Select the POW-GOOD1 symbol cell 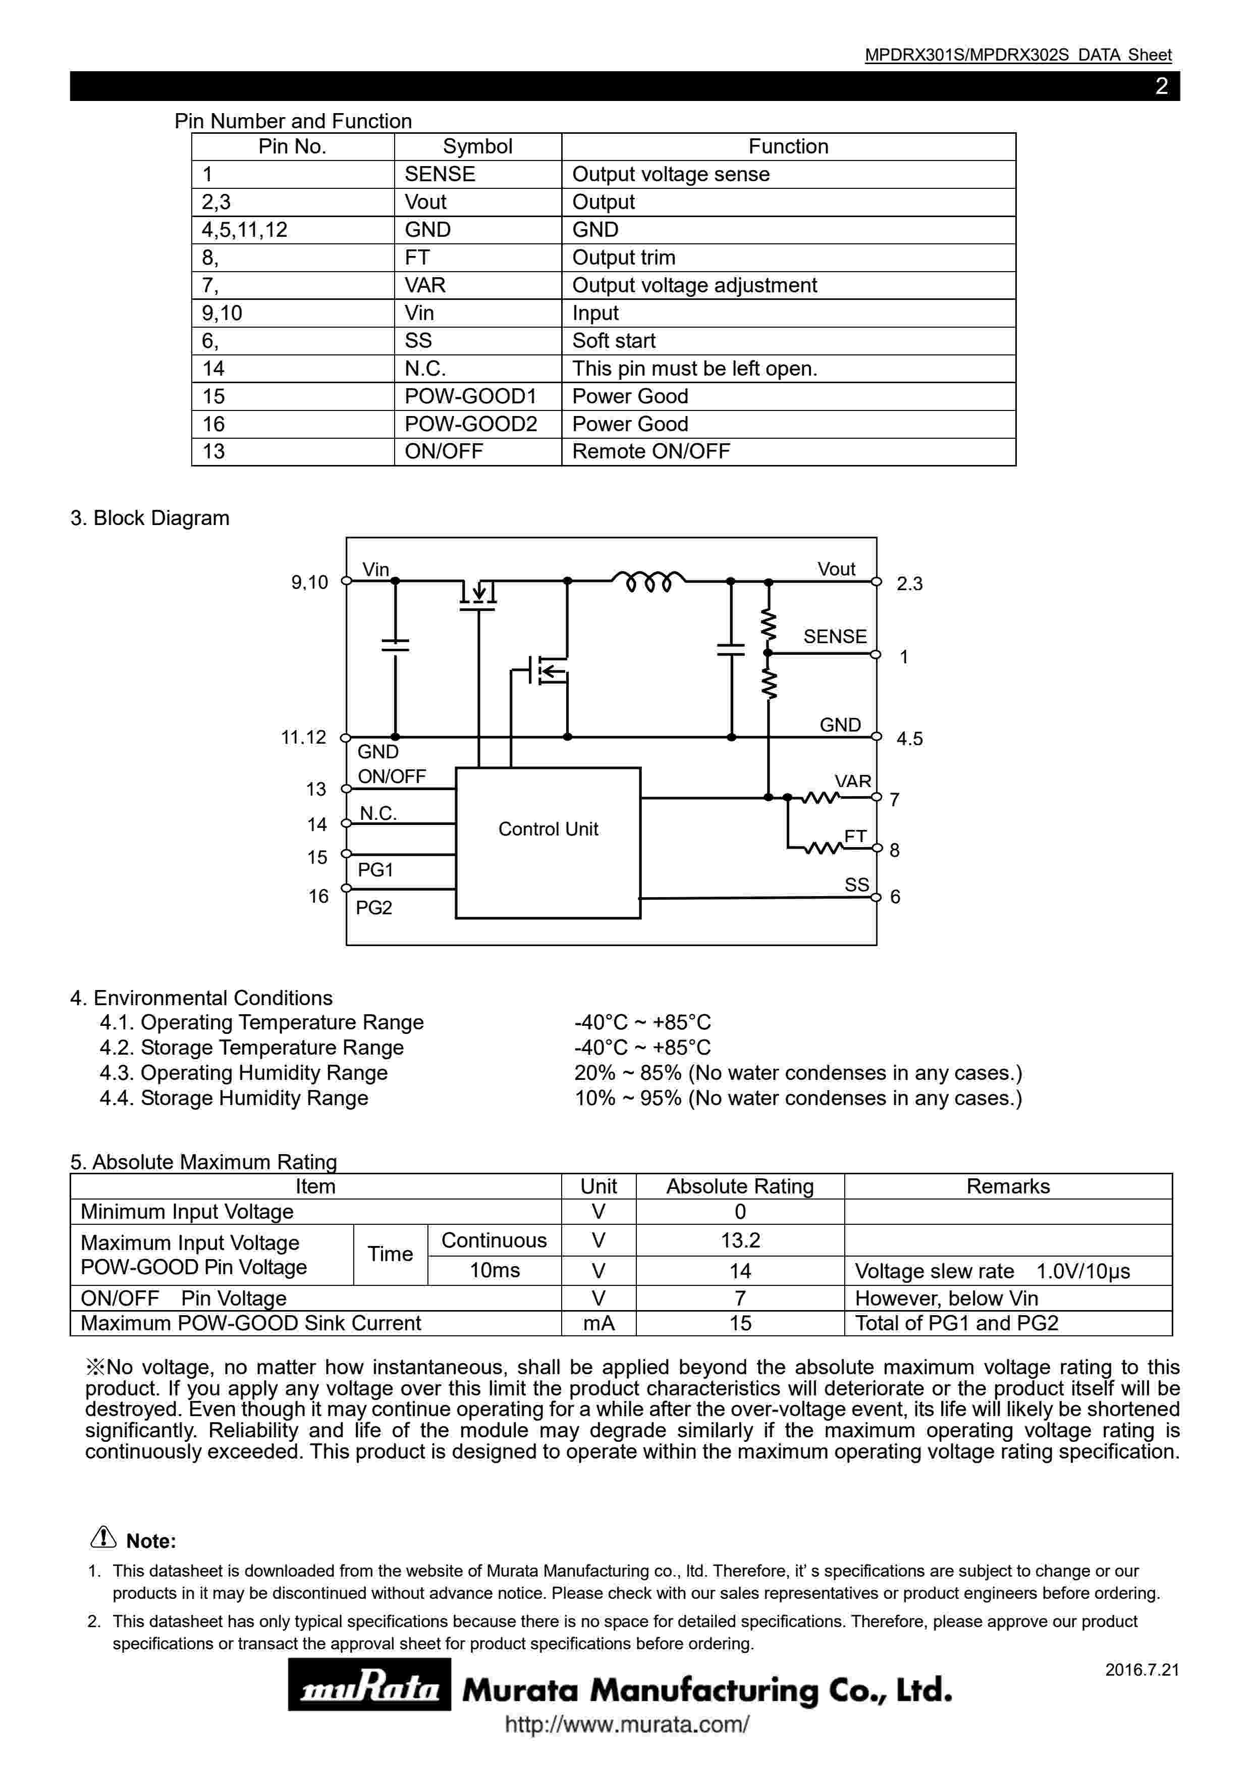click(x=471, y=396)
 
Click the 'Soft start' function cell click(x=614, y=341)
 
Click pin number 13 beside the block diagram click(x=316, y=789)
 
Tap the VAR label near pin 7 click(x=853, y=781)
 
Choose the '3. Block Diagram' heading click(x=150, y=518)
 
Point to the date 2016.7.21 click(x=1141, y=1670)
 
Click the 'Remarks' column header click(x=1008, y=1186)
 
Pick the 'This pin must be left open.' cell click(x=694, y=368)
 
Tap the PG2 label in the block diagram click(x=373, y=908)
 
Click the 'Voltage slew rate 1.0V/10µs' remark click(x=992, y=1271)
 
